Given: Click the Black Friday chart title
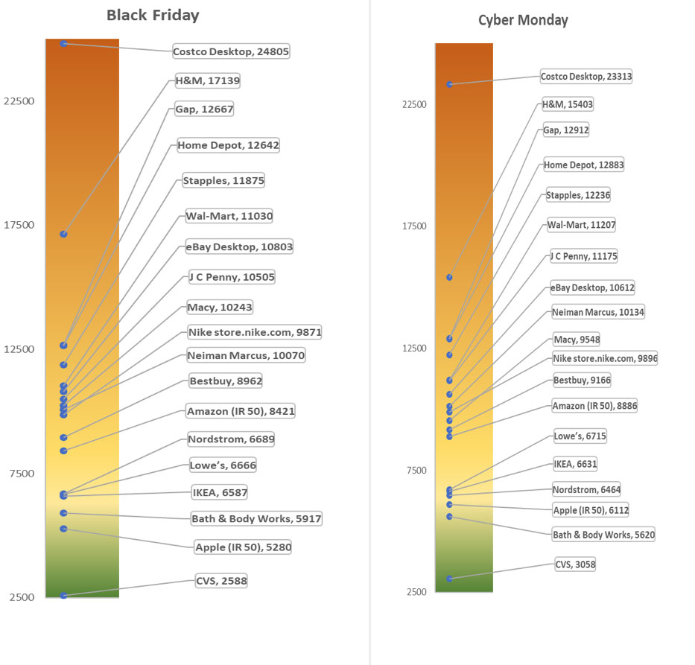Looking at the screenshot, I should point(153,15).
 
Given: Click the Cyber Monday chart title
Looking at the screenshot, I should point(523,20).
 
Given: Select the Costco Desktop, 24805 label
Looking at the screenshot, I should point(231,51).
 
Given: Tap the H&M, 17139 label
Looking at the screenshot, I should point(207,80).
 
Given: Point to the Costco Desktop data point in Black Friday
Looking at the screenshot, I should point(64,44).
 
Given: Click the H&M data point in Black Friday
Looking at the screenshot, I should point(64,234).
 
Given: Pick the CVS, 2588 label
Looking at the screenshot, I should point(220,580).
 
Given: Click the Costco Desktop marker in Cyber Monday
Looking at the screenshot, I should point(449,84).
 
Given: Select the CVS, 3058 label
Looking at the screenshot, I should point(575,564).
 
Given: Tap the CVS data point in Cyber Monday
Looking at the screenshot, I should point(449,579).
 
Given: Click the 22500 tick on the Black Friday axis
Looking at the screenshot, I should point(19,101).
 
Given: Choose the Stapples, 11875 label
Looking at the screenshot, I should point(223,180).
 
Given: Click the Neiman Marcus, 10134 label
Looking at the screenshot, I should point(597,312).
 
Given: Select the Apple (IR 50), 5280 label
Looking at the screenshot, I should point(243,547).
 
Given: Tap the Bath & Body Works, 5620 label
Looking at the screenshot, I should point(603,534).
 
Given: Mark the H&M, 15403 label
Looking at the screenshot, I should point(567,104).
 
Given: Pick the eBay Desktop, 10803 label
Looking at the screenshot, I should point(239,246).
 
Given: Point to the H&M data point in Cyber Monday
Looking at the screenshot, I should point(449,277).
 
